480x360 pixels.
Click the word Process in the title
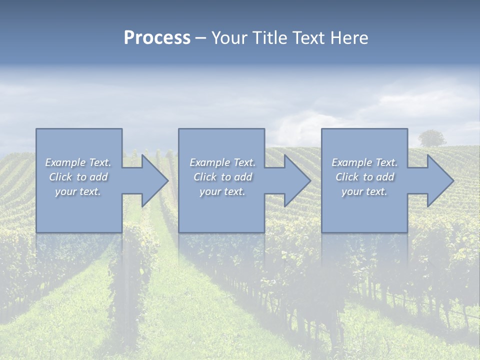[157, 38]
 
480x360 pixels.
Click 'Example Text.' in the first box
[78, 162]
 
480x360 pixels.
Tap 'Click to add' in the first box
[78, 177]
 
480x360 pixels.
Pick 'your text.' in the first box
[78, 191]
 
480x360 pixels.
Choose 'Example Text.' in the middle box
[222, 162]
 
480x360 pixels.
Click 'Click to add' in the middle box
[222, 177]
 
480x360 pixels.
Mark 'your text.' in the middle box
[222, 191]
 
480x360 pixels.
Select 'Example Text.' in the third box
[364, 162]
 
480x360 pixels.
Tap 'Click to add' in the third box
[364, 177]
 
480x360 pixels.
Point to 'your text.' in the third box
[364, 191]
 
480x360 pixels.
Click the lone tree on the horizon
[432, 137]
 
